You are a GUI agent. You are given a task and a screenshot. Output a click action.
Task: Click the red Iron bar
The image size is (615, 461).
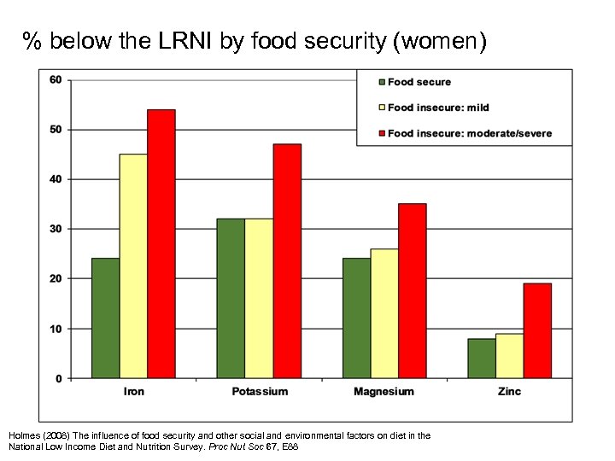(x=161, y=243)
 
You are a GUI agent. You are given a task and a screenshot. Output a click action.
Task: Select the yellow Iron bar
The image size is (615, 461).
(x=133, y=266)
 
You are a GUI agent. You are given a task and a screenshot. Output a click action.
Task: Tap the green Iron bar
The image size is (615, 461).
(x=105, y=318)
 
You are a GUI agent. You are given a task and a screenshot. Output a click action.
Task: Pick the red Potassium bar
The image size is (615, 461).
(x=287, y=260)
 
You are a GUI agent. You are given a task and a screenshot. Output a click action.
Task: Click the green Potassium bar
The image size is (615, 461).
(x=231, y=298)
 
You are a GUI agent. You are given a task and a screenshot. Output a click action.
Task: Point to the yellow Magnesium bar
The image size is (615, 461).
(x=384, y=313)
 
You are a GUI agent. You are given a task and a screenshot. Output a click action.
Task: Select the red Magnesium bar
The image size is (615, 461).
(x=413, y=290)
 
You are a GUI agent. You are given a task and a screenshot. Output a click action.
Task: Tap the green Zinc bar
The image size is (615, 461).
(x=482, y=358)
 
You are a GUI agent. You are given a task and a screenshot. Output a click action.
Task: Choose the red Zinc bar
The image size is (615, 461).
(x=537, y=330)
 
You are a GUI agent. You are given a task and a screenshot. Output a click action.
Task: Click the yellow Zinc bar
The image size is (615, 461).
(x=510, y=355)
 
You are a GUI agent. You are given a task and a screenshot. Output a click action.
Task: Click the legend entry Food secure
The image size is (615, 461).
(x=419, y=82)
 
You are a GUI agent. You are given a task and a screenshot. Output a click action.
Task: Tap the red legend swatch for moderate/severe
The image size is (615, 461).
(x=381, y=133)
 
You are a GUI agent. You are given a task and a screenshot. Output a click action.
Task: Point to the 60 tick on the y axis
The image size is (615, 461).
(x=56, y=79)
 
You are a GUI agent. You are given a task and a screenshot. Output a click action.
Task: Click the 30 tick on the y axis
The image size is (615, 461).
(x=56, y=229)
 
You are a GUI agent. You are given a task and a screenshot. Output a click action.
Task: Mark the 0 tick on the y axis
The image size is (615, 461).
(x=58, y=378)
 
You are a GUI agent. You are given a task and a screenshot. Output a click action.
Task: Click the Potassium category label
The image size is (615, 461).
(x=260, y=392)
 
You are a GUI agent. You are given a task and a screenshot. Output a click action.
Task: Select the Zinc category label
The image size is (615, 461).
(x=510, y=392)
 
